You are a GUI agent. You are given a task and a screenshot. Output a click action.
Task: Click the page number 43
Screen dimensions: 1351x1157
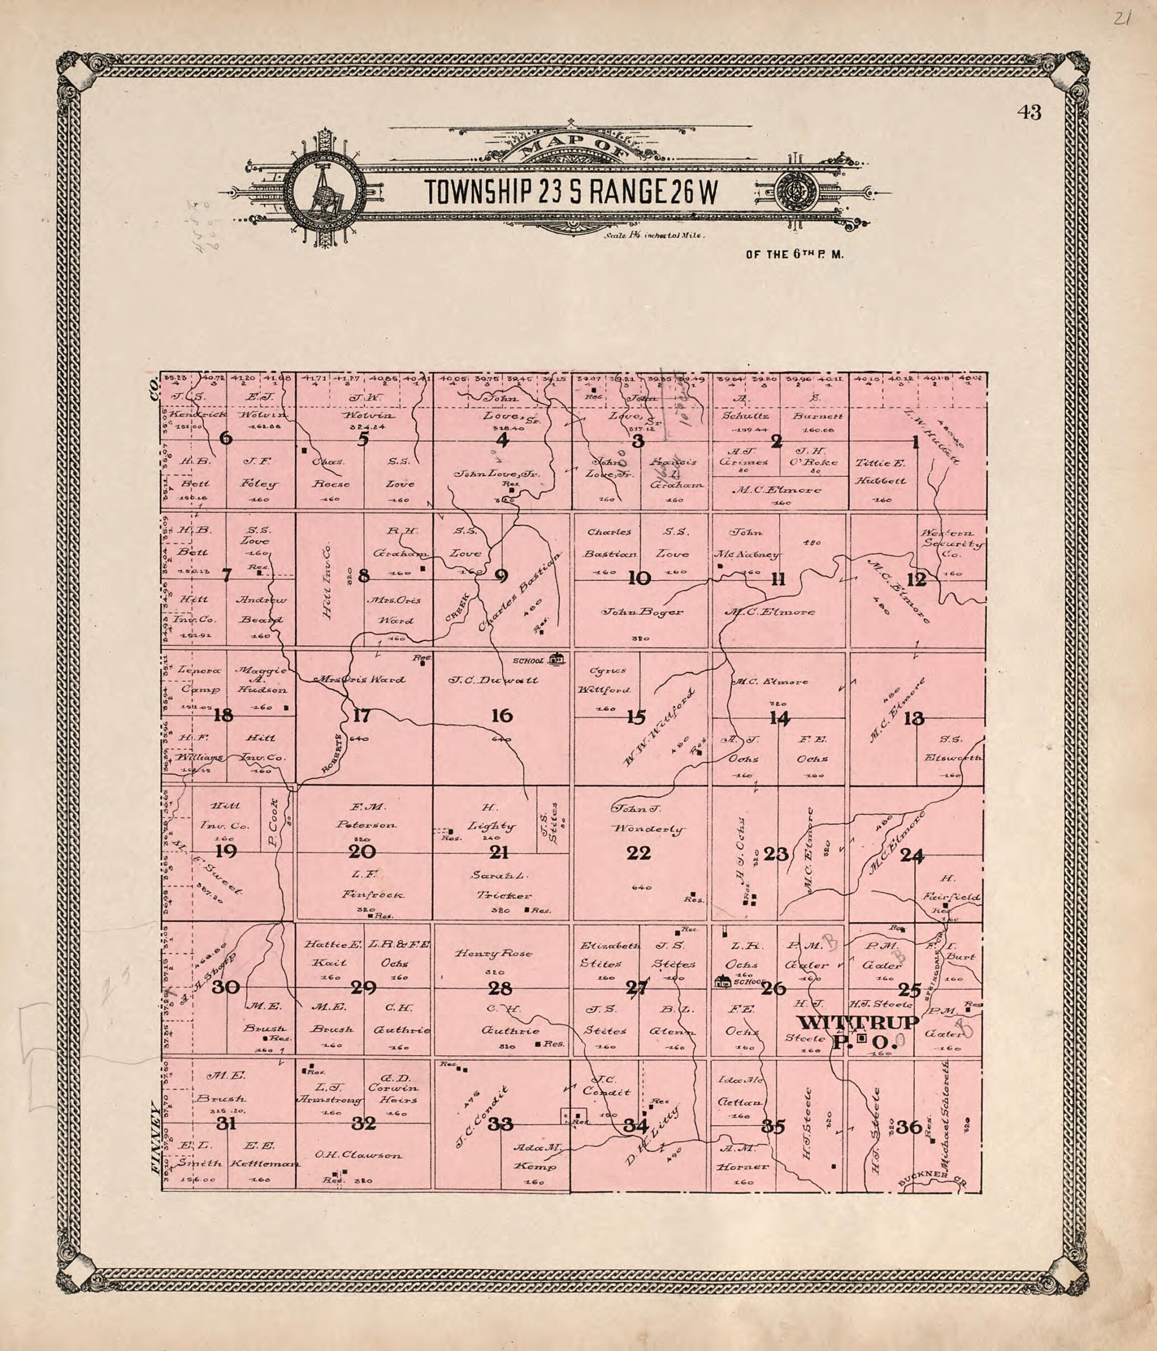click(x=1028, y=113)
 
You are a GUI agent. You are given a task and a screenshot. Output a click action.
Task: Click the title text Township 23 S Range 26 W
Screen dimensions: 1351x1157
click(x=571, y=192)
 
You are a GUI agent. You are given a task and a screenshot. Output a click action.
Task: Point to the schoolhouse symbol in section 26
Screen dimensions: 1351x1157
click(x=722, y=981)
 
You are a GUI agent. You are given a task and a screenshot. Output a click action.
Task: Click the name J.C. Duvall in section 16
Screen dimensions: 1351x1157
click(x=493, y=680)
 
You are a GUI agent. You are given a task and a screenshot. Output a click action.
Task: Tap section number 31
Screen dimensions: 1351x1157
click(x=225, y=1123)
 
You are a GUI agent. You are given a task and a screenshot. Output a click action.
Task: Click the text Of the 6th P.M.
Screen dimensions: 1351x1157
click(x=794, y=255)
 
